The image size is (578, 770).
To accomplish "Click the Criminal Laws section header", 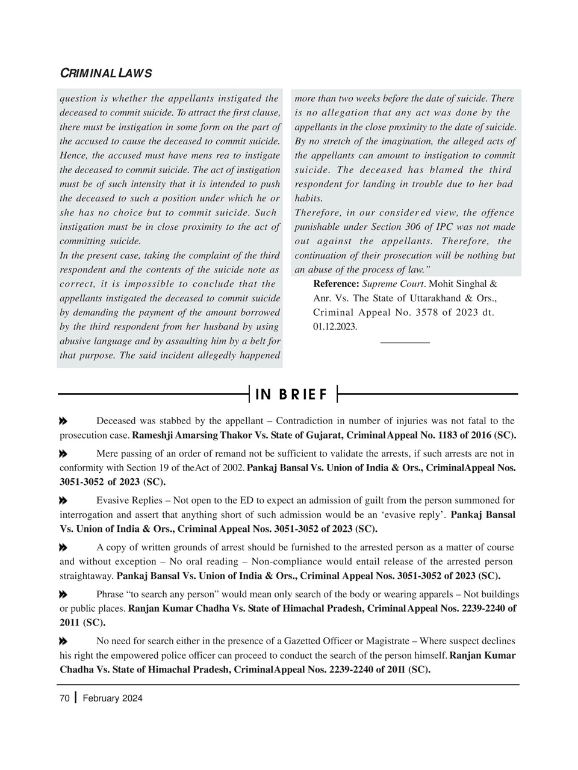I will (105, 73).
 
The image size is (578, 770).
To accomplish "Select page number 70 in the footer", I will (65, 698).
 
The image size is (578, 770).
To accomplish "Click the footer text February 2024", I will (113, 698).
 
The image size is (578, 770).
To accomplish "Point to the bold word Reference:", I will (336, 284).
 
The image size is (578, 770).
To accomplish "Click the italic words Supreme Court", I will (394, 284).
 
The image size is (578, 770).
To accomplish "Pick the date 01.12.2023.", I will (335, 327).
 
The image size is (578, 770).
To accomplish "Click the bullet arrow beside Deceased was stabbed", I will (63, 421).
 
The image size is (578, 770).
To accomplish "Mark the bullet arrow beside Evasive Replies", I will (63, 500).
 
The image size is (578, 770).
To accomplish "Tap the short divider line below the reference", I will (405, 342).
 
